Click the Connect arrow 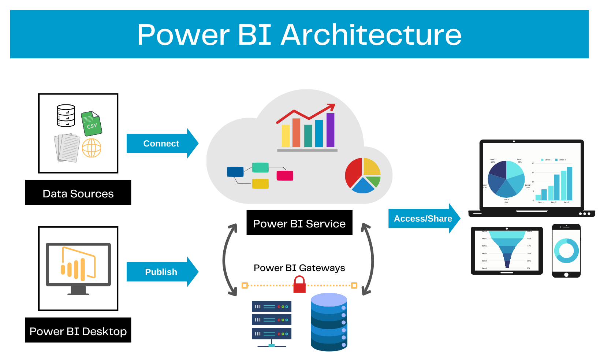[x=161, y=144]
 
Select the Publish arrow [x=161, y=272]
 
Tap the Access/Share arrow [x=423, y=219]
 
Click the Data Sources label [x=78, y=193]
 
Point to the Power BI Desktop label [x=78, y=331]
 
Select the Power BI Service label [x=299, y=223]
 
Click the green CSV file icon [x=91, y=124]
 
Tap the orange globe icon [x=92, y=148]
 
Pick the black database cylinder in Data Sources [x=66, y=116]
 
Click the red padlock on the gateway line [x=299, y=285]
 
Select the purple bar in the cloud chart [x=330, y=130]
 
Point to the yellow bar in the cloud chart [x=286, y=136]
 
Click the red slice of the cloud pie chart [x=353, y=173]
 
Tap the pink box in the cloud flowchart [x=285, y=175]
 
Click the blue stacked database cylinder [x=329, y=322]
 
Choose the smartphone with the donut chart [x=566, y=251]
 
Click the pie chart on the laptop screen [x=506, y=179]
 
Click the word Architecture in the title [x=371, y=35]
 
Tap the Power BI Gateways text [x=299, y=268]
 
